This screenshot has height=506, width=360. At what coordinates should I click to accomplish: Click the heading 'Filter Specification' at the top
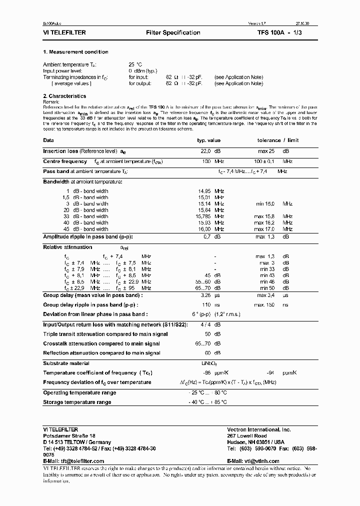173,32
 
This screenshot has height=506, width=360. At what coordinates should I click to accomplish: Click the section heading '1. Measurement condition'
75,52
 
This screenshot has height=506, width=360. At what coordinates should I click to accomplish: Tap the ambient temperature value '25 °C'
135,64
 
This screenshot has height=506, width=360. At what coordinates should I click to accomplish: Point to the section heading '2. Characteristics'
64,96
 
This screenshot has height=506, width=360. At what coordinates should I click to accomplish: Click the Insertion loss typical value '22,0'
205,151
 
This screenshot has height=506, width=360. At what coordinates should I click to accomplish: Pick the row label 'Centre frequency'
65,161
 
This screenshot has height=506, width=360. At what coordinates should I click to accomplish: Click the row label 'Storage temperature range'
77,402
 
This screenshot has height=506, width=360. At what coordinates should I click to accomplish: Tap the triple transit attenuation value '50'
207,333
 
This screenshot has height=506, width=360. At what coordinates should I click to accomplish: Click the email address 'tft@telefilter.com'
82,461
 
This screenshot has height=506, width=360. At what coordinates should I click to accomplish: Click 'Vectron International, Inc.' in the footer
258,429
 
